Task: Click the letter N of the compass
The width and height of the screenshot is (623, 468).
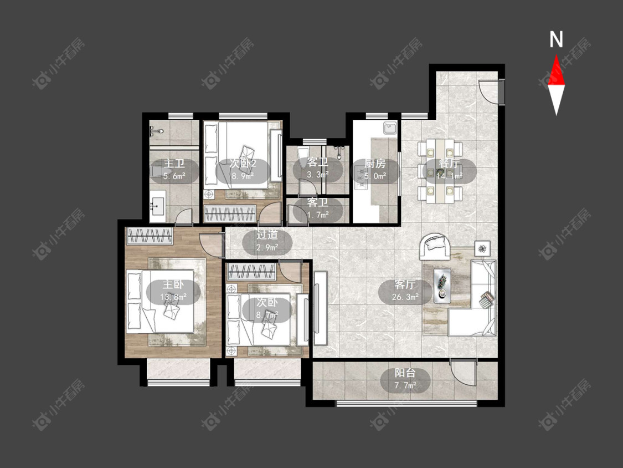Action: point(556,39)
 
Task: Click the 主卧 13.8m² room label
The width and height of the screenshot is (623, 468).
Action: point(174,291)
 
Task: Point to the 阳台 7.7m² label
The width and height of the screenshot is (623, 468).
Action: point(405,379)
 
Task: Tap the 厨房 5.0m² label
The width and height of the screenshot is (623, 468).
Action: point(375,170)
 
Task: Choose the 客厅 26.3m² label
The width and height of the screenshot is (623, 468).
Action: point(405,291)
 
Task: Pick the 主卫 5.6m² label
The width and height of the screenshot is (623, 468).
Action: point(174,170)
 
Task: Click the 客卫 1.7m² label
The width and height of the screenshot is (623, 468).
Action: point(318,209)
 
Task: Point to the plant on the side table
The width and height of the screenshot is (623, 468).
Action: point(482,249)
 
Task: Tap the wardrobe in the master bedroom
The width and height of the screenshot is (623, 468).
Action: point(150,236)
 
